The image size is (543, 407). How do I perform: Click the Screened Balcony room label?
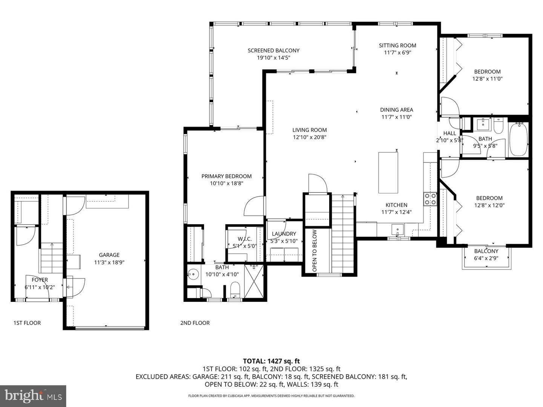(273, 50)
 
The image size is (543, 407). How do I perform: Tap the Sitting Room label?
(397, 46)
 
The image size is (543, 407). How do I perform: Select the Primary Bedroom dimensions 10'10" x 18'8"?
(226, 184)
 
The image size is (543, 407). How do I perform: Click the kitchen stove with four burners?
(430, 199)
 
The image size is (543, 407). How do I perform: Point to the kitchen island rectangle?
(388, 173)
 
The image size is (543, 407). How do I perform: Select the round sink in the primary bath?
(193, 274)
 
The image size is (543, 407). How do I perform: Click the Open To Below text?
(314, 251)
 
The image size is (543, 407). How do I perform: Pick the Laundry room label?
(284, 234)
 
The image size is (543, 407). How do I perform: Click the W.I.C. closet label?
(244, 239)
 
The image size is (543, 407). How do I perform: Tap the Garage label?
(109, 255)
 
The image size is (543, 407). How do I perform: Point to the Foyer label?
(40, 280)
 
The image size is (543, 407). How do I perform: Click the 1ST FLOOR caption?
(27, 323)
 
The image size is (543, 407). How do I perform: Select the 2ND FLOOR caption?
(195, 323)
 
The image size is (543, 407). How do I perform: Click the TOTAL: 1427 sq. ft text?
(271, 361)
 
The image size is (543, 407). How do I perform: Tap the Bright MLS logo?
(33, 396)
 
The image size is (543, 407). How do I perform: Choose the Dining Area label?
(396, 110)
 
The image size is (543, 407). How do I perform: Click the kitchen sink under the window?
(397, 229)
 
